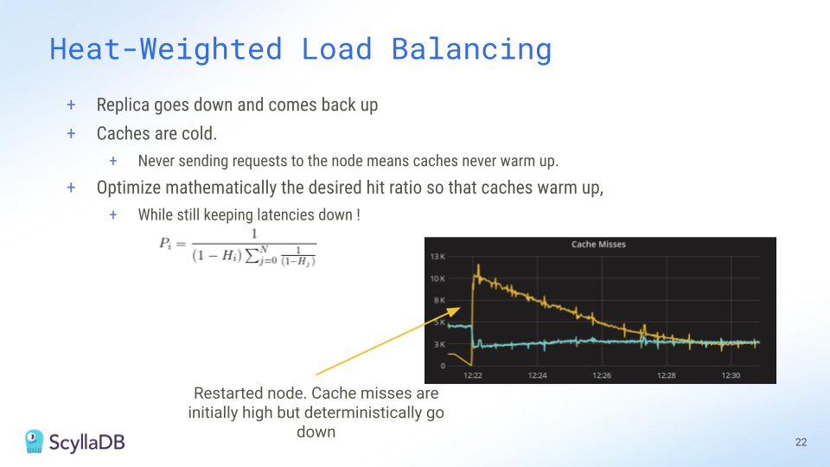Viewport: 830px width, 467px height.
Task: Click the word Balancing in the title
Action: point(471,49)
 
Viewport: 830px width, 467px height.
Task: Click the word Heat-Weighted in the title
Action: point(166,49)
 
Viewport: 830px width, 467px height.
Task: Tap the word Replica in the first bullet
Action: point(123,105)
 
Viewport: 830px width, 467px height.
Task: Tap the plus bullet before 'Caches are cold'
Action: point(71,133)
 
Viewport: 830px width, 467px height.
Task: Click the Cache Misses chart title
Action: point(598,244)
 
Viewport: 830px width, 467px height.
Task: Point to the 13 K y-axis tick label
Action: point(437,257)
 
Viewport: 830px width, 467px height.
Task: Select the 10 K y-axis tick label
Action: point(437,278)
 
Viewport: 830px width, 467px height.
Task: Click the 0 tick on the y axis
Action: point(443,366)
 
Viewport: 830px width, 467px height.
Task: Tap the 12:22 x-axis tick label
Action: point(473,375)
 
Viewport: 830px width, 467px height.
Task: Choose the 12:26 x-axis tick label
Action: point(602,375)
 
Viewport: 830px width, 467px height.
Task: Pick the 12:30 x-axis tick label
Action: point(731,375)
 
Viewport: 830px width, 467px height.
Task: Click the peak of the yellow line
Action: point(478,265)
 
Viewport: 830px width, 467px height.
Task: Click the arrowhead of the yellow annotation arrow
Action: point(456,310)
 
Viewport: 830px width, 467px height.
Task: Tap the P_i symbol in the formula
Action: point(164,244)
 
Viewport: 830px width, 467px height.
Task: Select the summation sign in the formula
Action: point(252,255)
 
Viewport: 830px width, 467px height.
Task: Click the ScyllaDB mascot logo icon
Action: point(34,442)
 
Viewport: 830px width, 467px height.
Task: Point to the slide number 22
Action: point(801,442)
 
